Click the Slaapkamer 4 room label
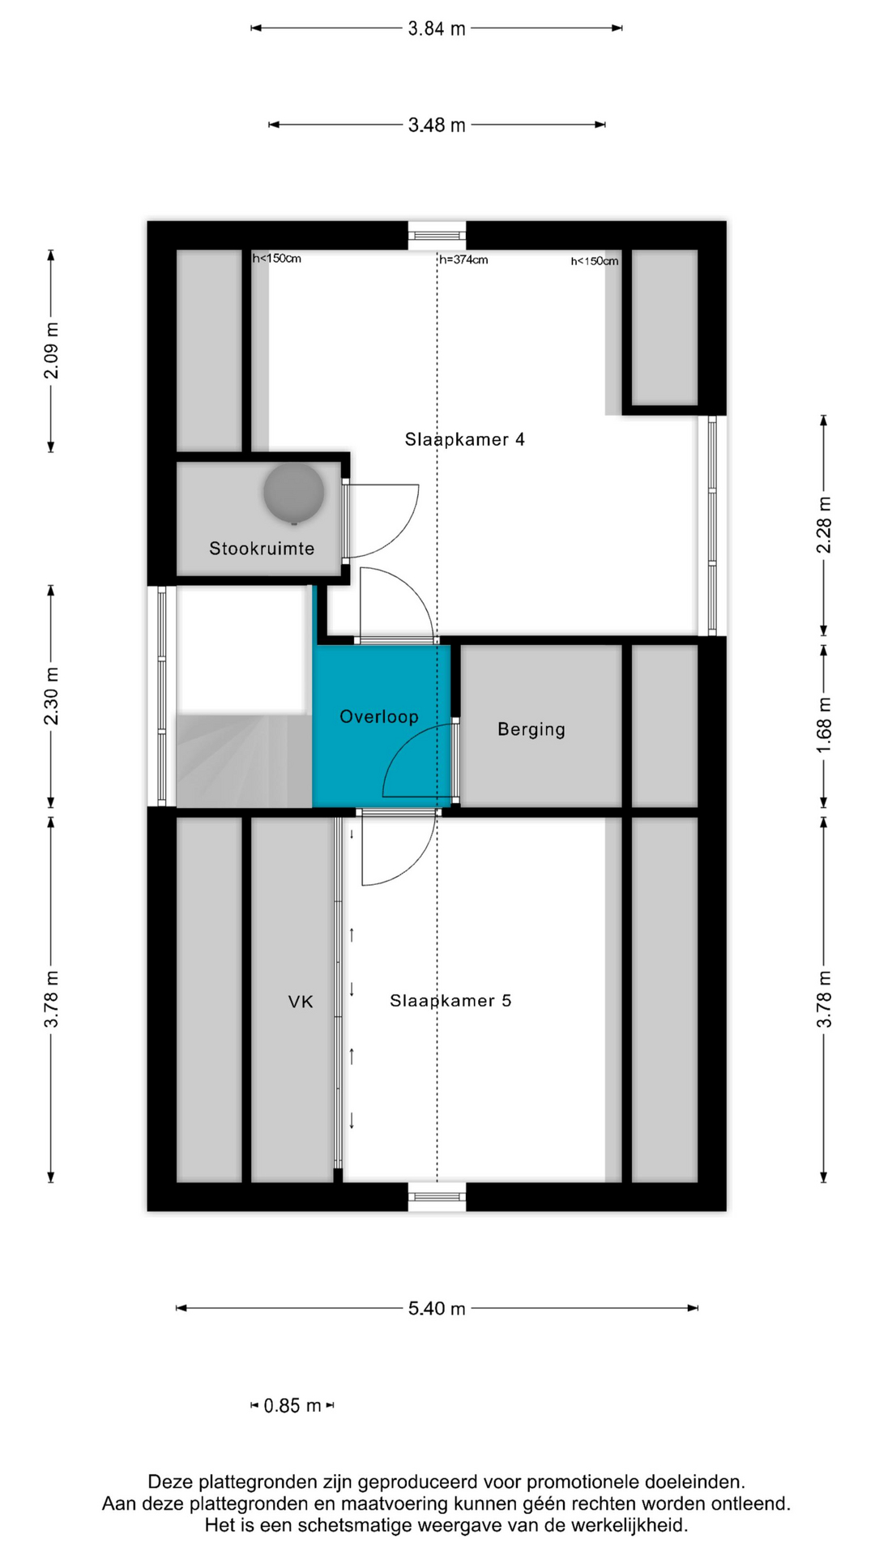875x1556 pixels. (464, 439)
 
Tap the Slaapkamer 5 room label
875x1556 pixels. (450, 1001)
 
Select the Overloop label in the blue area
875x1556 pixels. (379, 716)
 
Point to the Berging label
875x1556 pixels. (531, 729)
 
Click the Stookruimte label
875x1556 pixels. (262, 549)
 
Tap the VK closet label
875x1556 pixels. (301, 1002)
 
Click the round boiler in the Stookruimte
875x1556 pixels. (293, 493)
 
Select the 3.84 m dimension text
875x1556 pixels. (437, 28)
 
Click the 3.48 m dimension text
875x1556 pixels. (437, 125)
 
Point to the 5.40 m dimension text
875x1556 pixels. (437, 1308)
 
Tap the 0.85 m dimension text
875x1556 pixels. (292, 1405)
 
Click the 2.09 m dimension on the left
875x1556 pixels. (51, 351)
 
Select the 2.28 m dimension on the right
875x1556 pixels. (824, 525)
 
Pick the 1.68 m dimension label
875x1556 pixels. (824, 726)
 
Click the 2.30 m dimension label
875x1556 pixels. (51, 697)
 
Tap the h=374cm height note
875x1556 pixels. (463, 260)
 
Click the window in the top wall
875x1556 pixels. (437, 235)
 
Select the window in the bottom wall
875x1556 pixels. (437, 1197)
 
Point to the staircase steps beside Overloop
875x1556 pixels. (244, 761)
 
